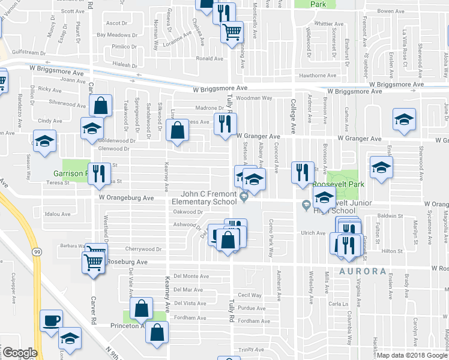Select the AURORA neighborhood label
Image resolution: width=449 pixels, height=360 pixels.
pyautogui.click(x=363, y=271)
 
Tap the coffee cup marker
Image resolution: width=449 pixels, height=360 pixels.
pyautogui.click(x=51, y=321)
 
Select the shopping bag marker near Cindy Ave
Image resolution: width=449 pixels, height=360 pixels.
pyautogui.click(x=101, y=106)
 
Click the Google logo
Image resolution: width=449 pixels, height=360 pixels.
pyautogui.click(x=20, y=353)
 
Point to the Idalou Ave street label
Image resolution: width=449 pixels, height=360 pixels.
pyautogui.click(x=58, y=214)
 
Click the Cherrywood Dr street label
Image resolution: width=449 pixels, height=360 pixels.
pyautogui.click(x=143, y=249)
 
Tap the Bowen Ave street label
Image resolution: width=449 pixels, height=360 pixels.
pyautogui.click(x=390, y=11)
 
